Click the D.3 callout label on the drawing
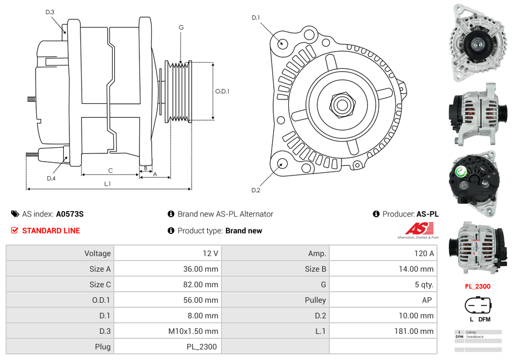coord(50,12)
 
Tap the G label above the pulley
coord(181,27)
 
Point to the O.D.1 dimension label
coord(223,91)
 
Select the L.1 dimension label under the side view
coord(108,183)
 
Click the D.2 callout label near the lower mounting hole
coord(255,190)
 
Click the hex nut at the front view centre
coord(342,104)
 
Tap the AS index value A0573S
coord(69,214)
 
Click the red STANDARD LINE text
coord(51,231)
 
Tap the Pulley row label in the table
coord(315,300)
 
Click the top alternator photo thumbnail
coord(477,43)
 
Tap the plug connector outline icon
coord(478,306)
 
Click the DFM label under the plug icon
coord(484,319)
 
